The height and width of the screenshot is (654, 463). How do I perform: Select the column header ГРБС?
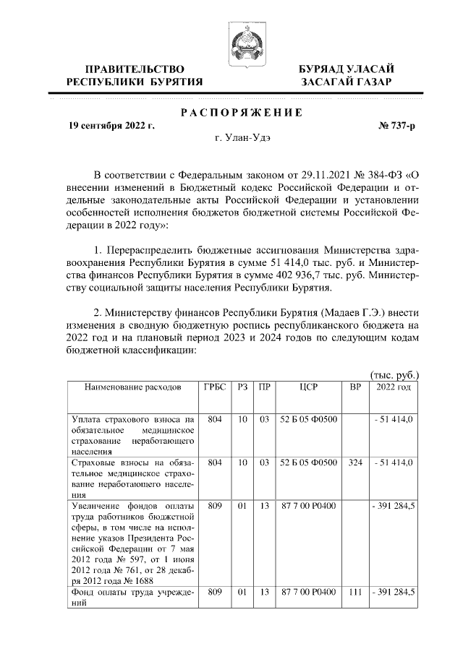click(x=213, y=387)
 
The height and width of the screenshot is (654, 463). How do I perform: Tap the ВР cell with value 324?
click(x=354, y=462)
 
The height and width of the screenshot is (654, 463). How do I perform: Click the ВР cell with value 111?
click(x=354, y=592)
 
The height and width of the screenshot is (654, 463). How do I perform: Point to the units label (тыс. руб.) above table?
click(x=394, y=374)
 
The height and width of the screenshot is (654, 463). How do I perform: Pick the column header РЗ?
click(x=242, y=387)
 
